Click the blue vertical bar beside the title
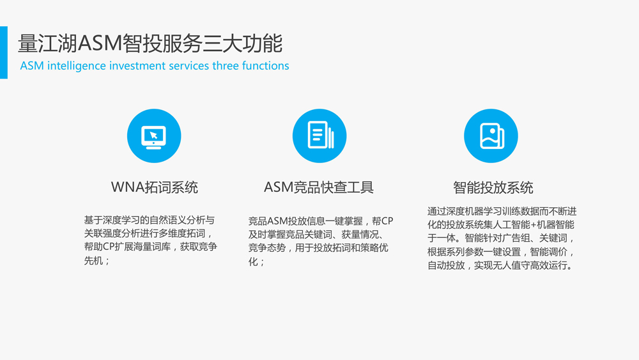coord(4,52)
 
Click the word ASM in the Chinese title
coord(100,43)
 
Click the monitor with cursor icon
coord(153,137)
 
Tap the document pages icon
coord(320,135)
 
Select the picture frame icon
coord(491,136)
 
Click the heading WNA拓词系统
coord(155,187)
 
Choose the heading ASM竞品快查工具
coord(319,187)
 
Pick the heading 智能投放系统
coord(493,187)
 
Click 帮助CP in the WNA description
coord(99,247)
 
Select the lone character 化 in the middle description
coord(253,262)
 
